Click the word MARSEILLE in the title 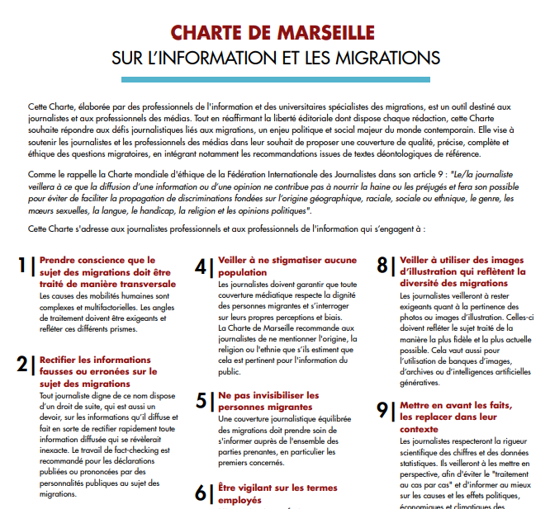click(319, 33)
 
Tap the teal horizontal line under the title click(275, 79)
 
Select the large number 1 click(22, 266)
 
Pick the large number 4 click(202, 266)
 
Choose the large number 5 click(202, 401)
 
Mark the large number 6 click(202, 493)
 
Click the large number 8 click(382, 266)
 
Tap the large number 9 click(382, 410)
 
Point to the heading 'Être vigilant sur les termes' click(277, 488)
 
